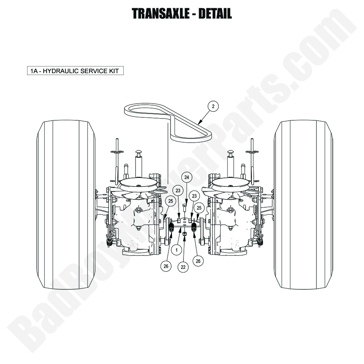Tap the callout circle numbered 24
click(x=187, y=178)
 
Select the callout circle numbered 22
click(x=182, y=267)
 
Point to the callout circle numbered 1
click(x=176, y=250)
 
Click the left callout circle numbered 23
click(x=178, y=191)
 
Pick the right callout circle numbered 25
click(x=199, y=208)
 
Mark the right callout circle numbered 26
click(x=198, y=261)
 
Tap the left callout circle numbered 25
click(x=170, y=201)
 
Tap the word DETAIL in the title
click(x=215, y=13)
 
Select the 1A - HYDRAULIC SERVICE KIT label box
click(x=75, y=71)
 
